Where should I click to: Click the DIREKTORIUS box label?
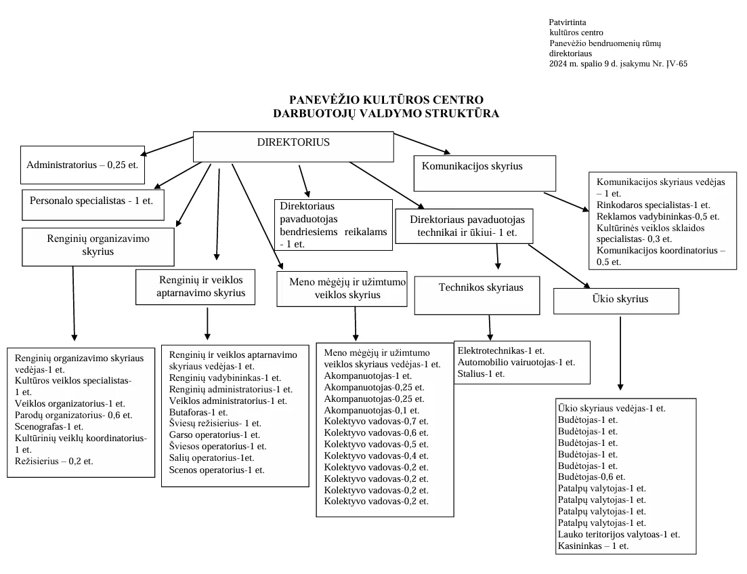click(293, 142)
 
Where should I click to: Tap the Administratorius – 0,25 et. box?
click(83, 164)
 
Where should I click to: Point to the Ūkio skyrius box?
click(616, 301)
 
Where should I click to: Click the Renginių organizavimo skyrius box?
click(98, 247)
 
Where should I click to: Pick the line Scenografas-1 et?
click(49, 426)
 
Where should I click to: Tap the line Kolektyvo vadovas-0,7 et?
click(376, 420)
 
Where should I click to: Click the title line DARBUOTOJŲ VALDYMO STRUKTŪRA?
click(386, 113)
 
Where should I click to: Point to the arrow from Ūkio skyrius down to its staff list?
click(620, 352)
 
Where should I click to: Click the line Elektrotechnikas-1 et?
click(501, 350)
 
